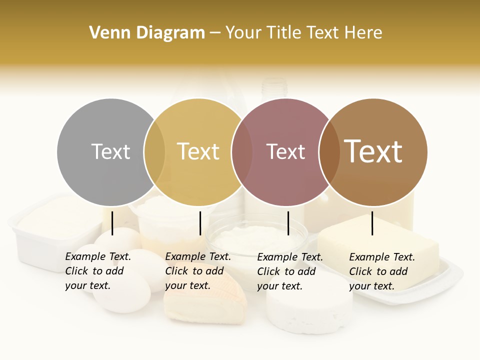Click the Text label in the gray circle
(110, 151)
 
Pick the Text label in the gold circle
(198, 151)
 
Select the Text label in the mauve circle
(285, 151)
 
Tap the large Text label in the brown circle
(373, 151)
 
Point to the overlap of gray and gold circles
(154, 152)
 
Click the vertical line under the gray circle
(112, 223)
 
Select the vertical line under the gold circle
(200, 223)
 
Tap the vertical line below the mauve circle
(288, 223)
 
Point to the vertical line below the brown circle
(372, 223)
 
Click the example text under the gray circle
(97, 271)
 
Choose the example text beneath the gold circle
(197, 271)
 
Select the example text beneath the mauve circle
(289, 271)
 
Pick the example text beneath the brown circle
(381, 271)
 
